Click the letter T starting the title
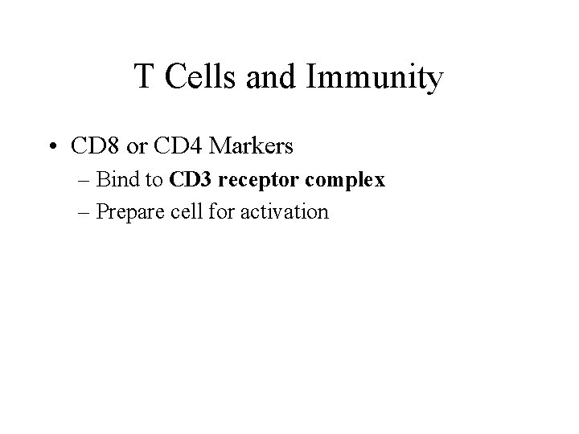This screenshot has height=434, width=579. click(x=144, y=77)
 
